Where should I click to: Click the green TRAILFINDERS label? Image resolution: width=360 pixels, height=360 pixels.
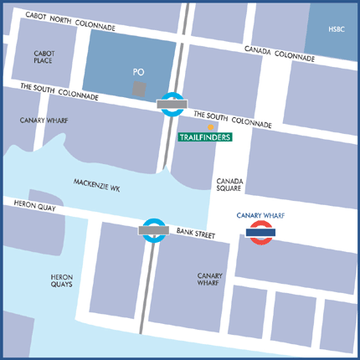(x=206, y=136)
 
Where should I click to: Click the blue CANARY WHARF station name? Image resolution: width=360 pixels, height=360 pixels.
(x=261, y=216)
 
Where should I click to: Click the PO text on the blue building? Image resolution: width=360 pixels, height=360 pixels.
(x=139, y=73)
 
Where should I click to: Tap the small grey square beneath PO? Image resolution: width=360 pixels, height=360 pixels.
(x=140, y=87)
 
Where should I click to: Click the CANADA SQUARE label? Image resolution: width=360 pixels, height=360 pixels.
(x=230, y=184)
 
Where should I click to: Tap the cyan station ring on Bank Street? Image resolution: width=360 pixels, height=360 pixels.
(x=153, y=229)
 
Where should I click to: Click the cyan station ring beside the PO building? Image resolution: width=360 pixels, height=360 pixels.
(x=173, y=104)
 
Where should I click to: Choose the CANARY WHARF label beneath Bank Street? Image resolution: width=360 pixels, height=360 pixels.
(x=209, y=279)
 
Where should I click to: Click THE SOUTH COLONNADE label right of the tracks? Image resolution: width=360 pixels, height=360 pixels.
(x=233, y=119)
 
